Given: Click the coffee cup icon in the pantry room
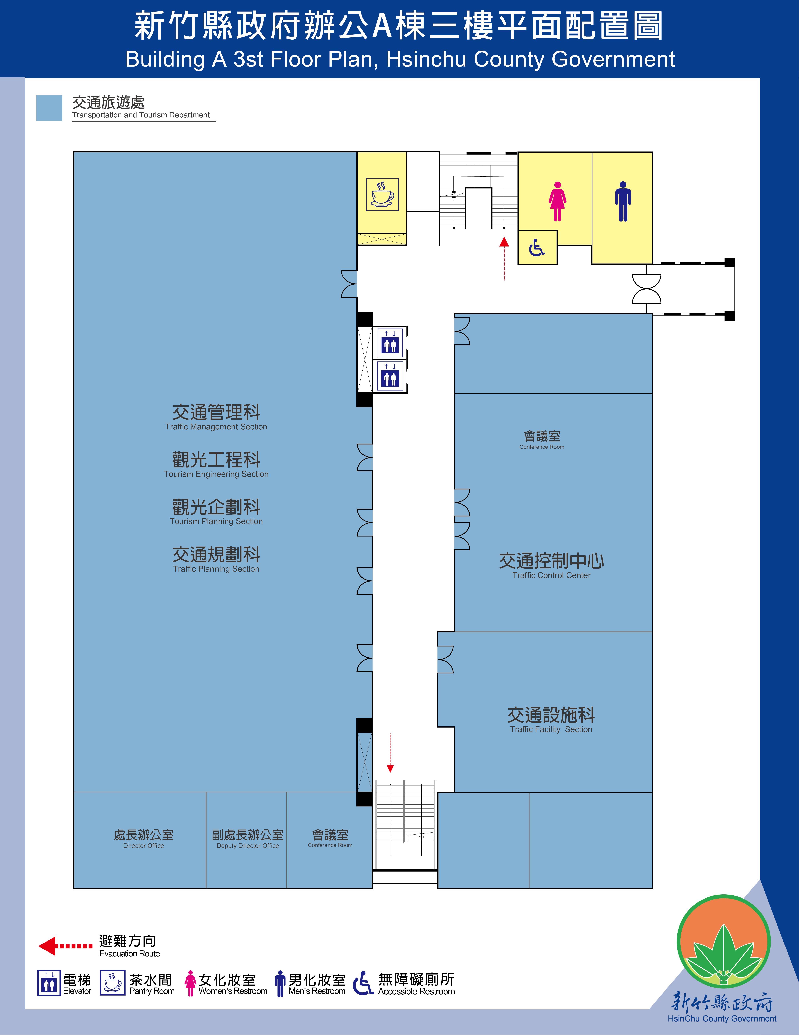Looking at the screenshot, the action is tap(382, 194).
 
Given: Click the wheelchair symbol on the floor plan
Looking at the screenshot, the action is tap(537, 247).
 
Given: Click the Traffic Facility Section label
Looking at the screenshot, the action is tap(551, 719).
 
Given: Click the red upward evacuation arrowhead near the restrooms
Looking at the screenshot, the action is tap(504, 242).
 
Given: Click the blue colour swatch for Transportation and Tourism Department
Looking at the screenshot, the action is tap(49, 108).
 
